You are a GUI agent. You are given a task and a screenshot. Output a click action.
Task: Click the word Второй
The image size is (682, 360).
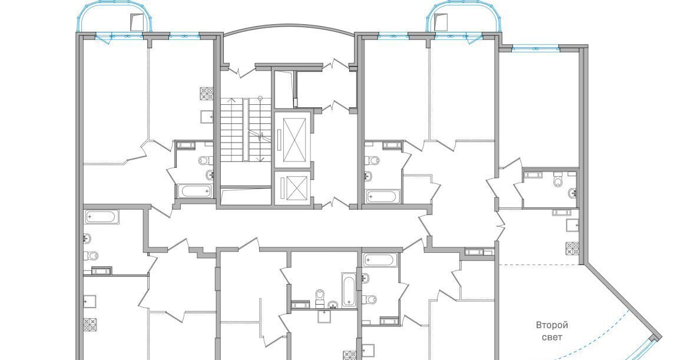[x=552, y=325]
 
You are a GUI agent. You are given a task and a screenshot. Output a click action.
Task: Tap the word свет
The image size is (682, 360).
[x=552, y=338]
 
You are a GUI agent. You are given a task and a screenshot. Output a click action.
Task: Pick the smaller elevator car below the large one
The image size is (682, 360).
[x=292, y=187]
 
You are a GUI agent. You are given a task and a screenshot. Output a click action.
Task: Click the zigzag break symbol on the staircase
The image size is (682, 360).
[x=262, y=136]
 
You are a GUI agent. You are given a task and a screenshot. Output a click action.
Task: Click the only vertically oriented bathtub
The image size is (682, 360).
[x=349, y=290]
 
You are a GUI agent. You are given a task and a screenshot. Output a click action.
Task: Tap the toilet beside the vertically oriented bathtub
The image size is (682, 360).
[x=320, y=296]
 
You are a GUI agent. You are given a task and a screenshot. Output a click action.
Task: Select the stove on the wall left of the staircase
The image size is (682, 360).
[x=207, y=94]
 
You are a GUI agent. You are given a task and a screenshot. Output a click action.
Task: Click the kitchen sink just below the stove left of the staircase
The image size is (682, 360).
[x=207, y=117]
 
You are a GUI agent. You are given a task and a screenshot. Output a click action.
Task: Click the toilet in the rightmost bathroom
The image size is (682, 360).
[x=559, y=180]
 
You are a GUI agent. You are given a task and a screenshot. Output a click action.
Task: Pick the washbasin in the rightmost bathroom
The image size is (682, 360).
[x=573, y=192]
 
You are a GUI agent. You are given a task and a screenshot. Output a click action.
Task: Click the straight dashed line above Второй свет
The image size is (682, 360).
[x=539, y=265]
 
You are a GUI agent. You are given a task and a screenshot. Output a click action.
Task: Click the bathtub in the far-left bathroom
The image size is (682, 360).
[x=102, y=217]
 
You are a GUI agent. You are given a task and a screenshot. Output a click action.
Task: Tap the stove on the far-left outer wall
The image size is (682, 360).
[x=91, y=325]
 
